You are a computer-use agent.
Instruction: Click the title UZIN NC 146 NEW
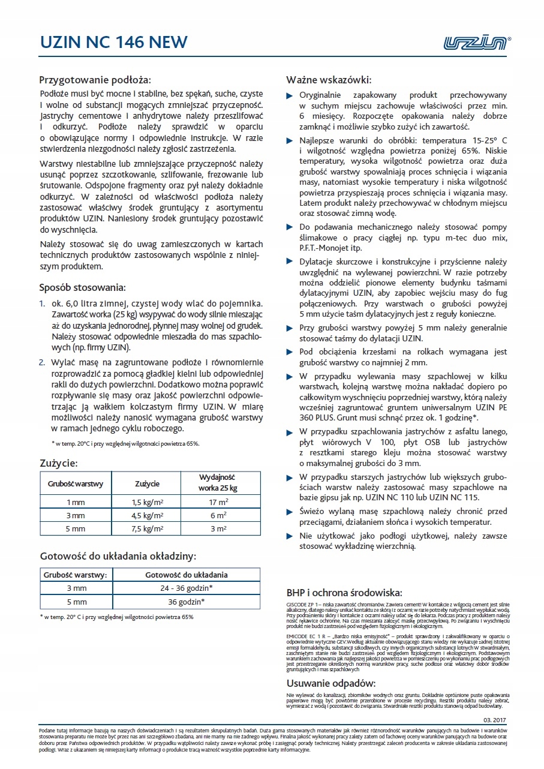click(113, 42)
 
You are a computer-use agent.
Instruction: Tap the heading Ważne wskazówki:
click(329, 80)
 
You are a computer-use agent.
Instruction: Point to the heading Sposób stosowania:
click(82, 287)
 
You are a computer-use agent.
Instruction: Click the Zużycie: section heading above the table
click(59, 462)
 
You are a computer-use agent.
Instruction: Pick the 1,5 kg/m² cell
click(148, 501)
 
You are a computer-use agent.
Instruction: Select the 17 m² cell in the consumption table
click(217, 501)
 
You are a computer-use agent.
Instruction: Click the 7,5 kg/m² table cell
click(148, 528)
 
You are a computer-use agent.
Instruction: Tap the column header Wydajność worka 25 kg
click(217, 482)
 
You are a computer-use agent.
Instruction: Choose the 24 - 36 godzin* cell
click(187, 588)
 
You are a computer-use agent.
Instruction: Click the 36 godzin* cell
click(187, 602)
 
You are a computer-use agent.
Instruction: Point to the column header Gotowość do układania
click(187, 575)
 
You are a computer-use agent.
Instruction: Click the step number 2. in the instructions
click(42, 362)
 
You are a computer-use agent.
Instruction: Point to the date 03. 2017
click(494, 719)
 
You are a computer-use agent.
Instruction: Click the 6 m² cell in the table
click(217, 515)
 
